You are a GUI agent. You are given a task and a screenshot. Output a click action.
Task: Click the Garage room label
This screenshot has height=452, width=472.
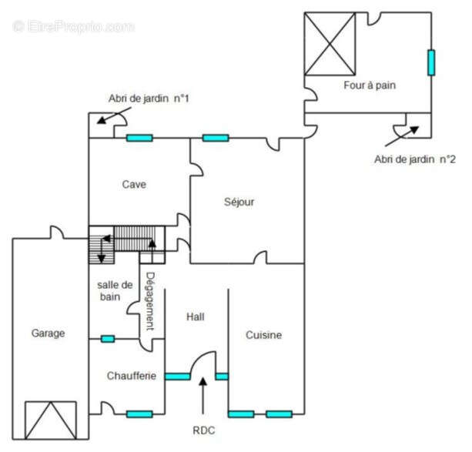pos(49,333)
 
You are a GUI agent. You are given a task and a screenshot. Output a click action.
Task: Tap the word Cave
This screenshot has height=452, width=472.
pos(134,184)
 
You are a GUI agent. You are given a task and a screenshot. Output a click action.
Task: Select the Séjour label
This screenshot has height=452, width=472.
pos(239,202)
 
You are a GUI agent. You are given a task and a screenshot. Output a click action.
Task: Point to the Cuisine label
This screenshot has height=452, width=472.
pos(263,335)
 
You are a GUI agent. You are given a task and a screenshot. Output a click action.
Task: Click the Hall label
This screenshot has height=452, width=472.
pos(196,316)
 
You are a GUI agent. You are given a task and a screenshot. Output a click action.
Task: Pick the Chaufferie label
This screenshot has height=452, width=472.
pos(132,376)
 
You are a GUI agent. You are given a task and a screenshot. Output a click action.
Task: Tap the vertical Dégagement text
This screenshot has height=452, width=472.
pos(150,301)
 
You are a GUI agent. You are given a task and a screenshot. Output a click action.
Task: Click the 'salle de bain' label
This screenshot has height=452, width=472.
pos(115,291)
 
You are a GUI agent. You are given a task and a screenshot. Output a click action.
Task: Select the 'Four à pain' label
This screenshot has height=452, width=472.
pos(370,85)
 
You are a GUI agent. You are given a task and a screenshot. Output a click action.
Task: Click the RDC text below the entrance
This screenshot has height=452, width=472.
pos(204,430)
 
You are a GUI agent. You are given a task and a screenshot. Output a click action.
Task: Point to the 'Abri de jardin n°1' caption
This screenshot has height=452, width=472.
pos(149,99)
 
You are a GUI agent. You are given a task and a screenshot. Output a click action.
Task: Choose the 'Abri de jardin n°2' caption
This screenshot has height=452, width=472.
pos(415,159)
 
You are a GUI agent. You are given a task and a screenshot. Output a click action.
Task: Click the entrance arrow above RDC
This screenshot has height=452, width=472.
pos(203,396)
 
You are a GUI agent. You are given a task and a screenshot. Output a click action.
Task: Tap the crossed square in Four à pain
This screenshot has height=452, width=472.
pos(330,44)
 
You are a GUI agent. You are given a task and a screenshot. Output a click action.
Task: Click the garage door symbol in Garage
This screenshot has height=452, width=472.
pos(51,420)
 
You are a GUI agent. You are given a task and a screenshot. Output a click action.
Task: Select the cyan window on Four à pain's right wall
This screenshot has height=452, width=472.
pos(431,62)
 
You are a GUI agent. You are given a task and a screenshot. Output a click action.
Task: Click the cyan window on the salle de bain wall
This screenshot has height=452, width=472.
pos(108,339)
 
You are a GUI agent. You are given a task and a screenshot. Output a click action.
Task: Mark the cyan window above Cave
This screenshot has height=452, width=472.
pos(139,138)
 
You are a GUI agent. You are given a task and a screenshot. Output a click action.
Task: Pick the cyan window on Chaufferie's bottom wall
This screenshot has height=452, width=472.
pos(139,414)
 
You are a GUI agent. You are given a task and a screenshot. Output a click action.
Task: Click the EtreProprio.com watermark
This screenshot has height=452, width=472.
pos(74,26)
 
